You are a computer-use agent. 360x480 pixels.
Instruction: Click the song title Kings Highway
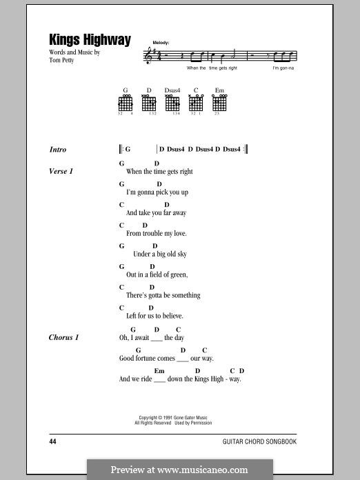tap(90, 41)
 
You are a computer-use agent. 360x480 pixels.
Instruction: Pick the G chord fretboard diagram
tap(126, 104)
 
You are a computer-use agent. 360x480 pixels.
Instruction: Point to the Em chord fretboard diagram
tap(219, 104)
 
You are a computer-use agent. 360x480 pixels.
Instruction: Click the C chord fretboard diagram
tap(196, 104)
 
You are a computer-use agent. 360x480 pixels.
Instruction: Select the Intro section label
tap(58, 150)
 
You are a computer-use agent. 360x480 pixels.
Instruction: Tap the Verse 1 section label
tap(61, 171)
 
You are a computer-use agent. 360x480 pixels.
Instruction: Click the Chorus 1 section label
tap(64, 337)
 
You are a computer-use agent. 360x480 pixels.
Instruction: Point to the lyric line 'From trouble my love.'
tap(157, 234)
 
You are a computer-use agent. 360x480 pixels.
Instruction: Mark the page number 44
tap(54, 441)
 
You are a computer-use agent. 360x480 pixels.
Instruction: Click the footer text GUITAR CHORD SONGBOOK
tap(260, 441)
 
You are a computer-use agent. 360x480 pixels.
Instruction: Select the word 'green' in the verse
tap(178, 274)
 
